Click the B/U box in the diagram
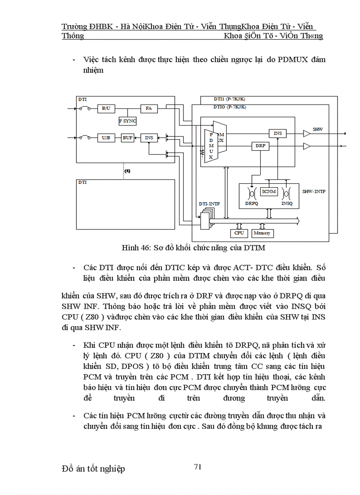[105, 108]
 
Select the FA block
[149, 108]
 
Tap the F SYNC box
[128, 120]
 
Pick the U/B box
[105, 138]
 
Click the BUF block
[127, 138]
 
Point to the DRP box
[259, 145]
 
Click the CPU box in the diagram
[239, 233]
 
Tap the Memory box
[262, 233]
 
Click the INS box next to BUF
[149, 138]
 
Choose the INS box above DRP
[277, 133]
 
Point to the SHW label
[318, 129]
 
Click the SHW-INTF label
[314, 192]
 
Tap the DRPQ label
[252, 204]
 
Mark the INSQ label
[287, 204]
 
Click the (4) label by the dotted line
[127, 170]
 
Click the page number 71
[198, 467]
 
